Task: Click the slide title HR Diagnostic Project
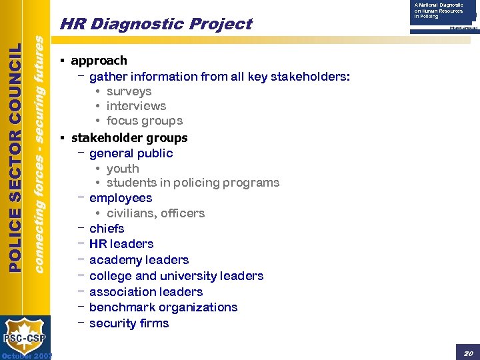point(155,25)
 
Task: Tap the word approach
point(99,61)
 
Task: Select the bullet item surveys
point(129,91)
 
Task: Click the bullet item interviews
point(136,106)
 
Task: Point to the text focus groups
point(144,121)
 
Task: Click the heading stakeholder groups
point(129,138)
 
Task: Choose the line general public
point(131,153)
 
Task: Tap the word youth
point(123,169)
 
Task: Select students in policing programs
point(193,183)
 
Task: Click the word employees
point(121,198)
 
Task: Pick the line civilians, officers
point(155,213)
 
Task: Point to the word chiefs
point(107,229)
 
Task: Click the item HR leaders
point(121,244)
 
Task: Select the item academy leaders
point(139,260)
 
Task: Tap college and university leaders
point(176,276)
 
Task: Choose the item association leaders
point(146,292)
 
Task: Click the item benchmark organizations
point(163,307)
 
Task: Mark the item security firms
point(129,323)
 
